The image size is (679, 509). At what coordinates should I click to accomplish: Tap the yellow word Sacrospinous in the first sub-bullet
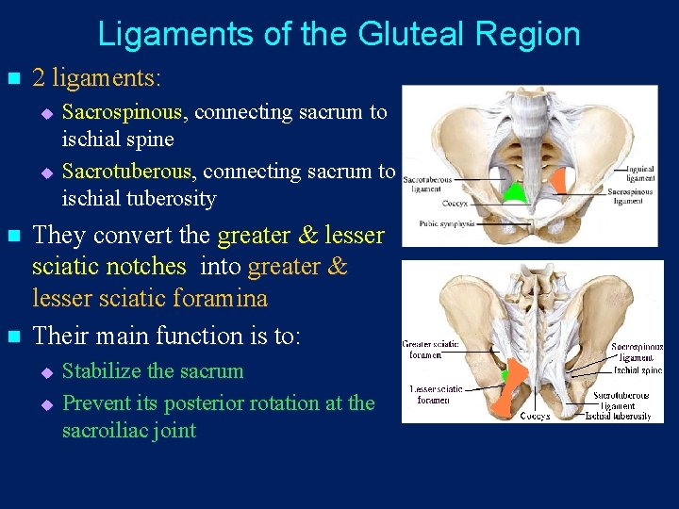tap(122, 112)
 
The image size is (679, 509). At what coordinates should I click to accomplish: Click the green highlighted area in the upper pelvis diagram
tap(514, 192)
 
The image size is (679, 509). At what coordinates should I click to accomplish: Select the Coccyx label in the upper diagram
tap(455, 201)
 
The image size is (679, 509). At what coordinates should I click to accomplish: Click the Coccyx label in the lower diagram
tap(537, 416)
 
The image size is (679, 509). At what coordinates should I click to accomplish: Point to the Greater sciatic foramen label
tap(432, 349)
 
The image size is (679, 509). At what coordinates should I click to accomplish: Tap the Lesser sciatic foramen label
tap(436, 394)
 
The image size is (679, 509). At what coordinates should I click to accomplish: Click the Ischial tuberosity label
tap(618, 416)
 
